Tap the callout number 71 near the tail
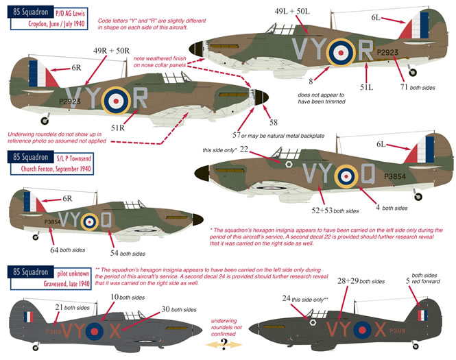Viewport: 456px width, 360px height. [x=405, y=86]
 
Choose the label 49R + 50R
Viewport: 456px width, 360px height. [x=109, y=50]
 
